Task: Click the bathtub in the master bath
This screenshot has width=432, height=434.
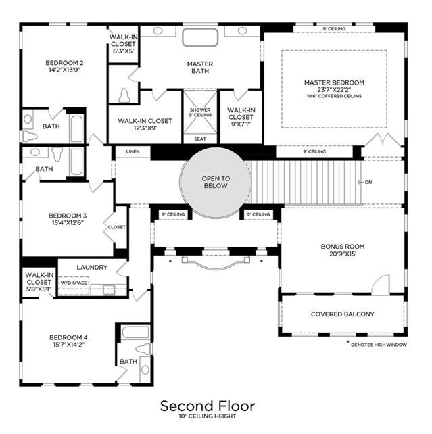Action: click(200, 37)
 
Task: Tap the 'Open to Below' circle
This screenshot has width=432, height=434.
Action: click(216, 183)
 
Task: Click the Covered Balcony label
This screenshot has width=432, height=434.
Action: click(342, 314)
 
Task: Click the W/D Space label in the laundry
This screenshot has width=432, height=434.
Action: click(74, 283)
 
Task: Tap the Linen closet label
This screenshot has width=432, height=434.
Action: click(133, 151)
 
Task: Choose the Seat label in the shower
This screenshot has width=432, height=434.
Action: click(200, 139)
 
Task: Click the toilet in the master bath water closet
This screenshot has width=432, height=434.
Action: click(124, 96)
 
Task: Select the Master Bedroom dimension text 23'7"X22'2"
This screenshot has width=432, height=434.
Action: click(334, 90)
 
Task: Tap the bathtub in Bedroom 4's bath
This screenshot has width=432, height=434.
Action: click(136, 332)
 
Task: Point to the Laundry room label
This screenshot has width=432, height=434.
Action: click(92, 268)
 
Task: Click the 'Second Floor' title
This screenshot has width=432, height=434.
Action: click(208, 406)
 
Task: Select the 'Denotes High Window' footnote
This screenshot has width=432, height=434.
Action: click(377, 345)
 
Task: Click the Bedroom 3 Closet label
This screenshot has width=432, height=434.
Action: click(116, 227)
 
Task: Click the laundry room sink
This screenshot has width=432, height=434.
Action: click(108, 290)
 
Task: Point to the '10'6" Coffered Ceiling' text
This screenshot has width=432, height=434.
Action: click(334, 96)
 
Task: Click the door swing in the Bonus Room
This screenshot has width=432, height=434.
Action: click(381, 285)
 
